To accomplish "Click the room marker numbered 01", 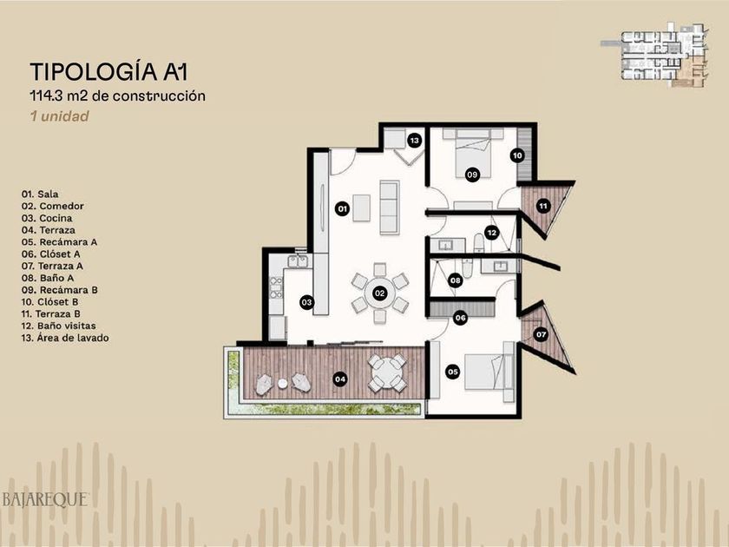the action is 342,208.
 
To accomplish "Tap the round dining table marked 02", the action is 380,293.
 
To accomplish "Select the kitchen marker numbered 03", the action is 306,302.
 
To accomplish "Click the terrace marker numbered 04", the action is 340,379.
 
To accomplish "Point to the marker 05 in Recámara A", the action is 452,372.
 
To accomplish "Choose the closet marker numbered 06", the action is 460,318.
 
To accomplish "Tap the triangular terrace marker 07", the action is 541,334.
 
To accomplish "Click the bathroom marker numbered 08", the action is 455,280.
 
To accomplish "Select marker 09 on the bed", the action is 472,175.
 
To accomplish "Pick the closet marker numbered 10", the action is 517,155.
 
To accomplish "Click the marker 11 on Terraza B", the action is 542,205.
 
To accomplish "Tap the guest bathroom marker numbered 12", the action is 491,233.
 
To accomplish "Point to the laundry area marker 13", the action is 414,140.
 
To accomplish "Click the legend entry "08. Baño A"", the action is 48,278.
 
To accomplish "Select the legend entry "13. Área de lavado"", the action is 65,338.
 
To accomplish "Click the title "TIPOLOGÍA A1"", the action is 108,71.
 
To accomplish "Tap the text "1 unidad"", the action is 60,115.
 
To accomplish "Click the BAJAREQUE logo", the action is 45,499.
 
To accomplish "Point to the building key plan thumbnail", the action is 654,55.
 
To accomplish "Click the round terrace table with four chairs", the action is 387,373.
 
